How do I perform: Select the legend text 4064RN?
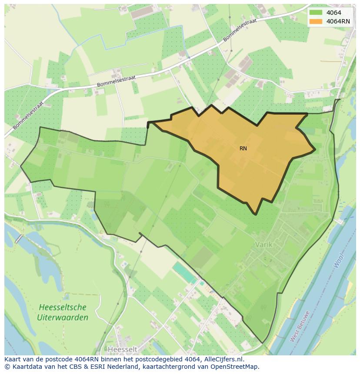338,21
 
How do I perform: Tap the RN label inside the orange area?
243,149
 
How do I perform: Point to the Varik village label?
263,245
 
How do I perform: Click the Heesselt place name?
123,349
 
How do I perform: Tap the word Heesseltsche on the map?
62,307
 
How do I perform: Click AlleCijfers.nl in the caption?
223,359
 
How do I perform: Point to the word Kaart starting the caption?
13,359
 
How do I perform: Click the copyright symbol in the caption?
7,367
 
